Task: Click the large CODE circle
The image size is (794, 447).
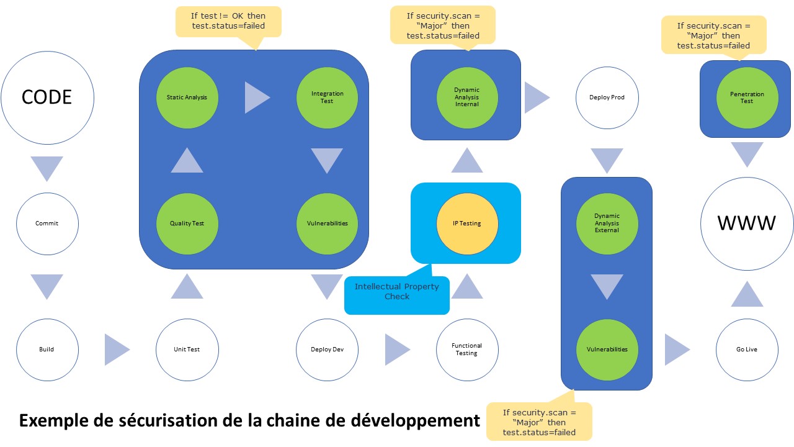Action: pyautogui.click(x=47, y=97)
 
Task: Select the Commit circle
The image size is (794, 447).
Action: pyautogui.click(x=47, y=223)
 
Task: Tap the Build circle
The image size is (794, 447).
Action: pyautogui.click(x=47, y=350)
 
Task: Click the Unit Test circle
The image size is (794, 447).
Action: pyautogui.click(x=187, y=350)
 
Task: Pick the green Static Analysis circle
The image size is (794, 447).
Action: pyautogui.click(x=187, y=97)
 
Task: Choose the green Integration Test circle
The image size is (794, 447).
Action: pyautogui.click(x=327, y=97)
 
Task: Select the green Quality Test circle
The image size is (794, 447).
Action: pyautogui.click(x=187, y=223)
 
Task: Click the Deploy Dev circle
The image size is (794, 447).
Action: pyautogui.click(x=327, y=350)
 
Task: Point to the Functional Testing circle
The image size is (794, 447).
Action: pyautogui.click(x=466, y=350)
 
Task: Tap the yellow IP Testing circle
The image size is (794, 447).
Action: pyautogui.click(x=466, y=223)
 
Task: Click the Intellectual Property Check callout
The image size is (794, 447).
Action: pyautogui.click(x=397, y=292)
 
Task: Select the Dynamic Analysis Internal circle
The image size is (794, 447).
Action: pyautogui.click(x=466, y=97)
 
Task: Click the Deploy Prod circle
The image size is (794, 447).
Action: pyautogui.click(x=607, y=97)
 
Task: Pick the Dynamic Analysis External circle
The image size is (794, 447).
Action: pyautogui.click(x=607, y=223)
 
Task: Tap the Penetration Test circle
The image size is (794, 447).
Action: pyautogui.click(x=746, y=97)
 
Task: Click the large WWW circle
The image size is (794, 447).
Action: pyautogui.click(x=746, y=223)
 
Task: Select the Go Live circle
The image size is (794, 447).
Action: pyautogui.click(x=746, y=350)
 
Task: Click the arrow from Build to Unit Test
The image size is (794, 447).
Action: pyautogui.click(x=116, y=350)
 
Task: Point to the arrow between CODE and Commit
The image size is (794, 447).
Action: pyautogui.click(x=47, y=168)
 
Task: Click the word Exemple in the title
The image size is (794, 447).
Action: pyautogui.click(x=55, y=421)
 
